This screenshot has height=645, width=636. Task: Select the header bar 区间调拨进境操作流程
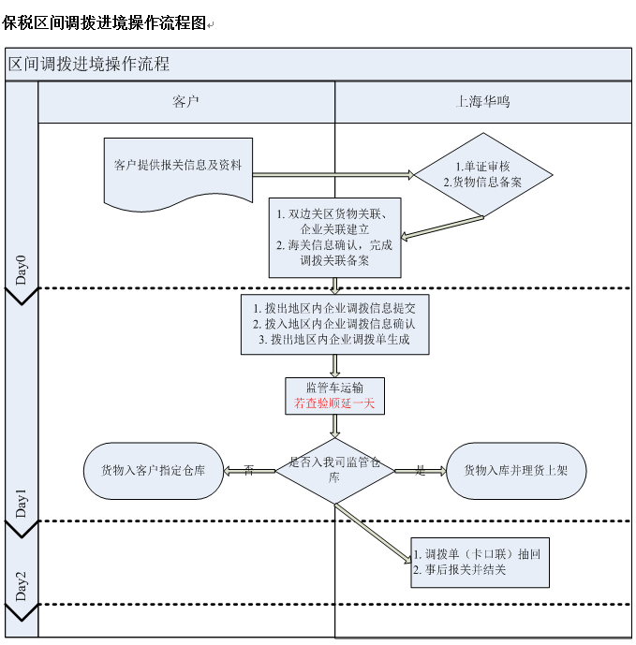tap(89, 65)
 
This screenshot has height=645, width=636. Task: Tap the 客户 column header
tap(186, 101)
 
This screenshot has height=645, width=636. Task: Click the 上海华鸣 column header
tap(482, 101)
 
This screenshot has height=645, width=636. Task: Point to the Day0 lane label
tap(22, 269)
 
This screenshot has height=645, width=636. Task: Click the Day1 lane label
tap(22, 503)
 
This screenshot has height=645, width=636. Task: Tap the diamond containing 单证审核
tap(482, 174)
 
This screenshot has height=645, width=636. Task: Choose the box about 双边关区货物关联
tap(334, 237)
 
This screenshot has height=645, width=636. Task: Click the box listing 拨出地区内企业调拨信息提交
tap(334, 324)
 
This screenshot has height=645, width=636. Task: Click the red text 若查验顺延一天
tap(334, 404)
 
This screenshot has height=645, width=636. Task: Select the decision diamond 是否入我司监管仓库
tap(334, 470)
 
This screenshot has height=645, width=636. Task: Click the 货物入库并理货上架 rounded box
tap(515, 471)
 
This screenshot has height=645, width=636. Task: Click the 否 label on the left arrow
tap(248, 470)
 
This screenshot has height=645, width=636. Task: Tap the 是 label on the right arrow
tap(420, 470)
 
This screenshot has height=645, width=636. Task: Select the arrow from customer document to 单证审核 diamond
tap(333, 174)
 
